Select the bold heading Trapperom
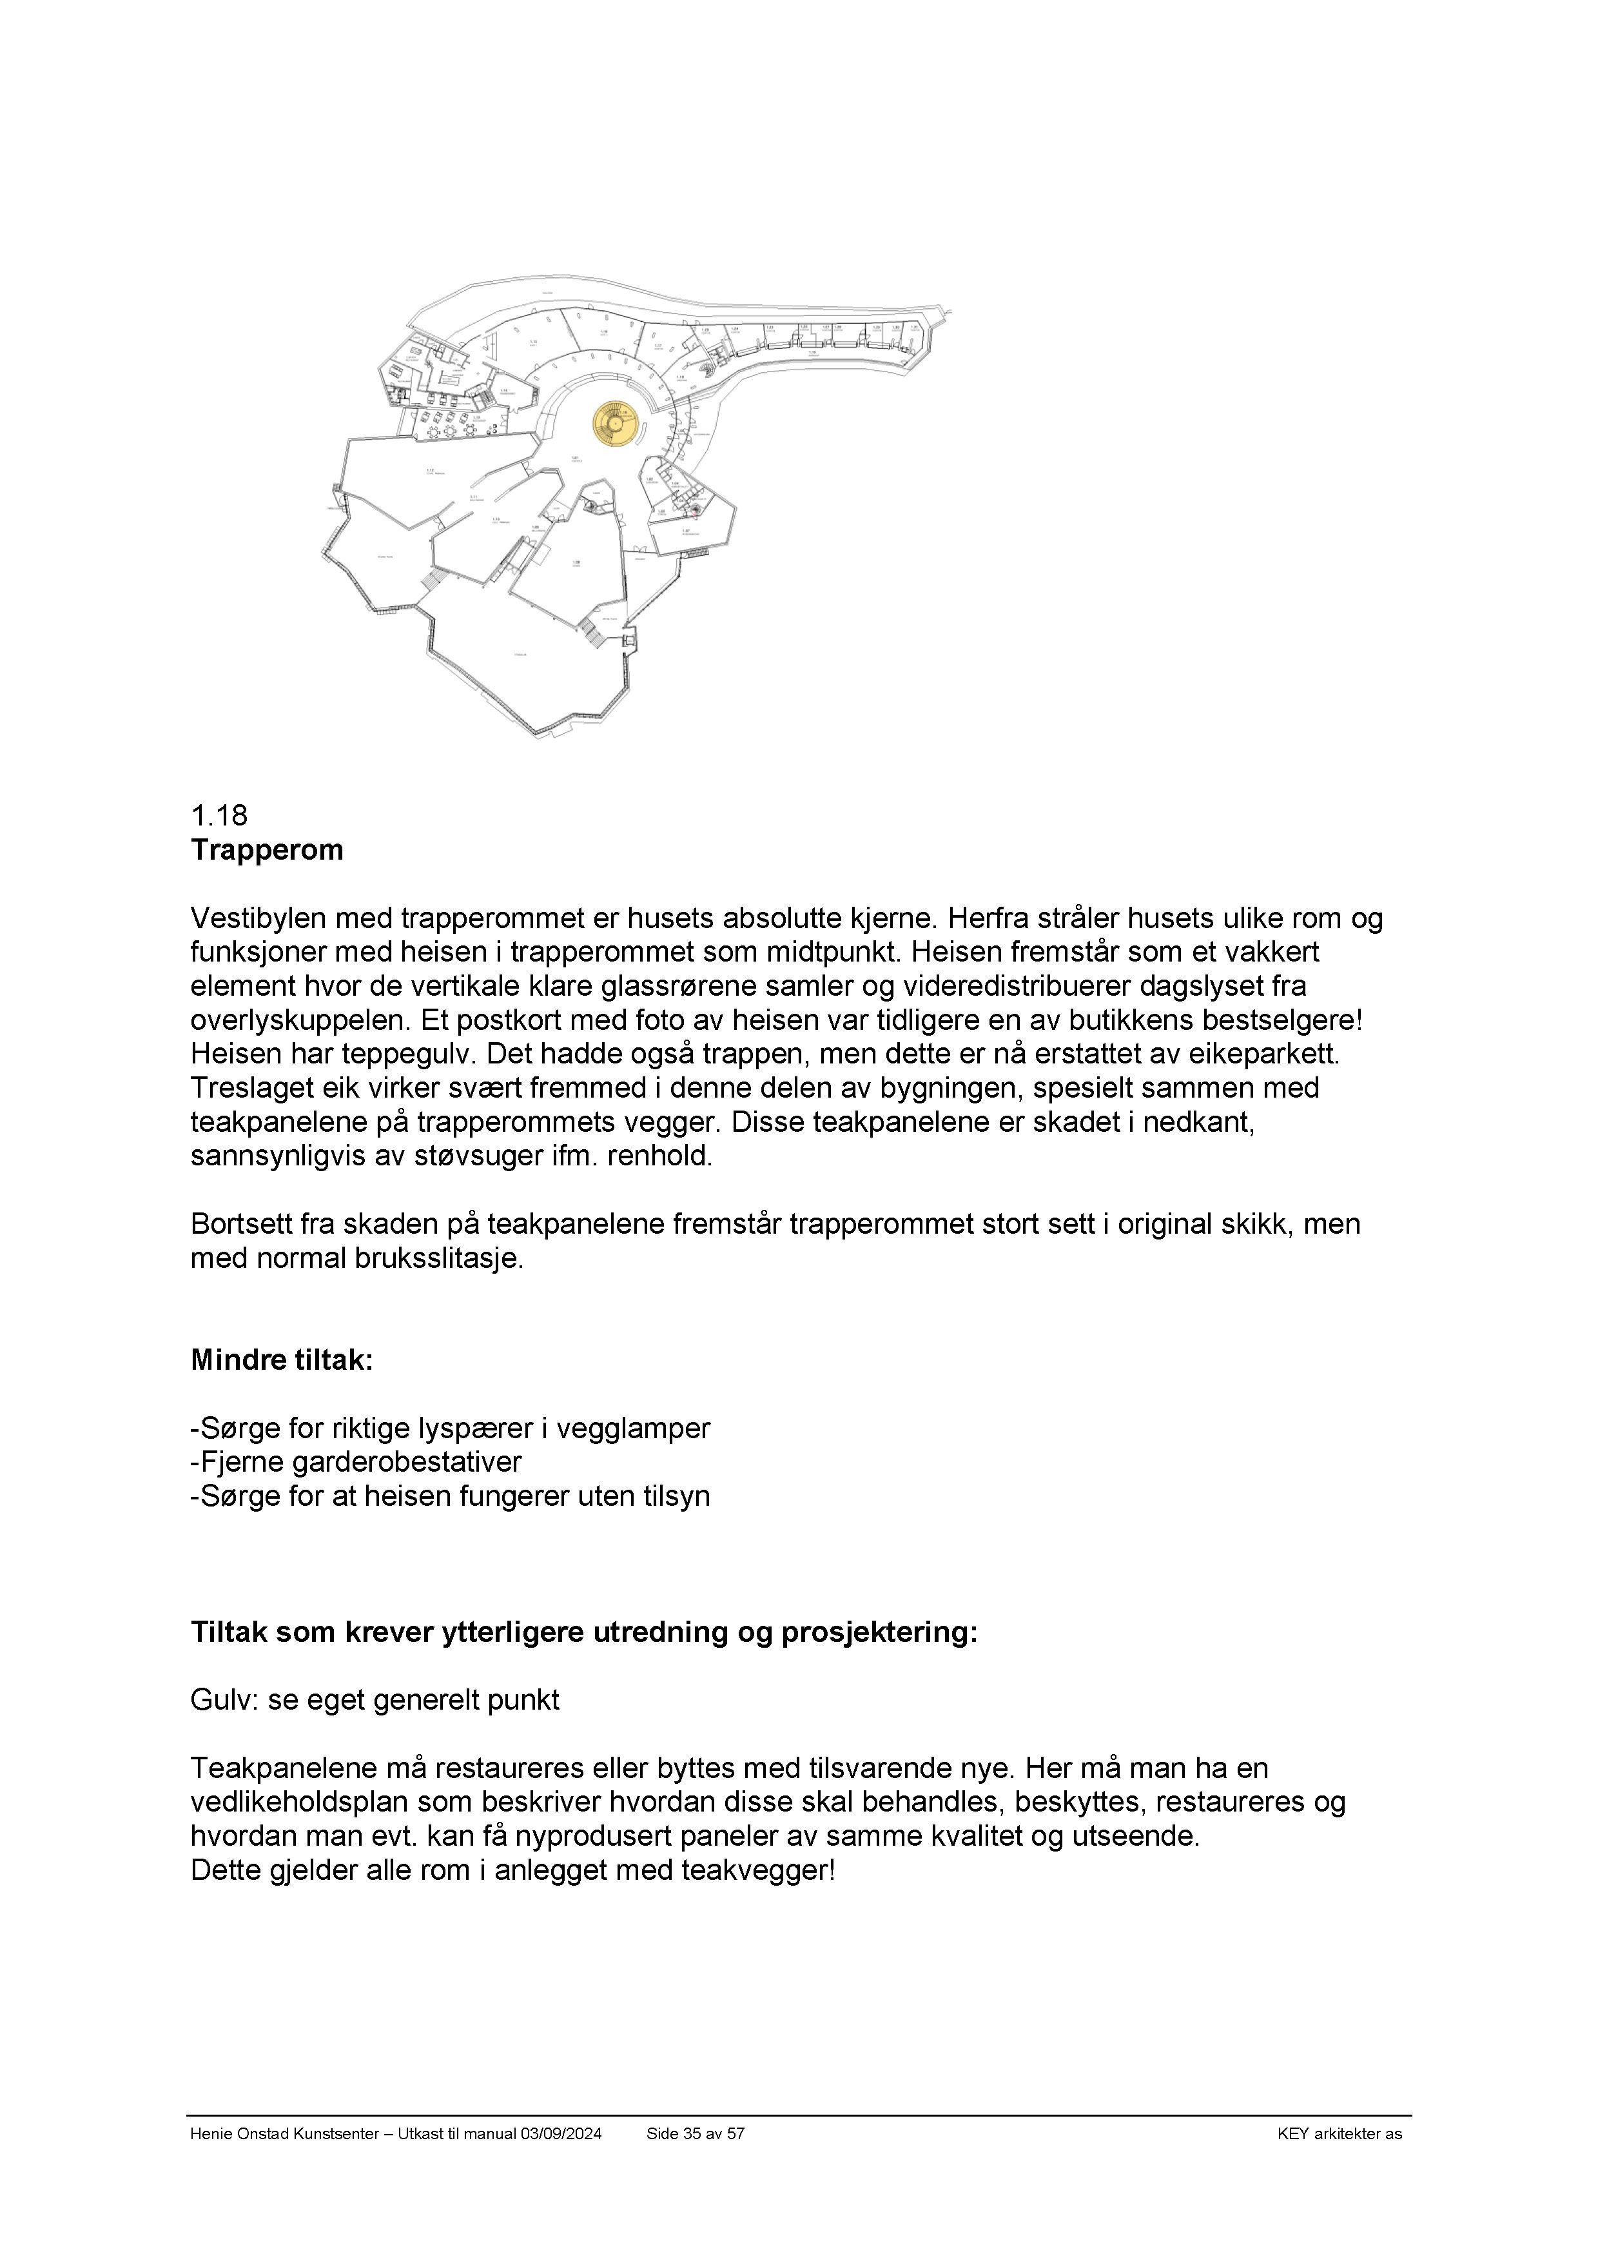(x=267, y=849)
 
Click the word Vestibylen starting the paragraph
(x=259, y=918)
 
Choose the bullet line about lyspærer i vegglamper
(x=450, y=1428)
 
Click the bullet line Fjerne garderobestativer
(x=356, y=1461)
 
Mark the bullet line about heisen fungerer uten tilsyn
(x=450, y=1496)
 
